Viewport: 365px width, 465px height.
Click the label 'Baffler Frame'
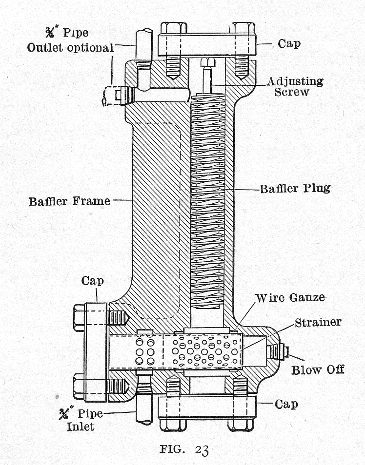pyautogui.click(x=69, y=200)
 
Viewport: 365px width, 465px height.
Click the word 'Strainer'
pyautogui.click(x=317, y=323)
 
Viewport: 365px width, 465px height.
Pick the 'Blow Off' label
pyautogui.click(x=318, y=369)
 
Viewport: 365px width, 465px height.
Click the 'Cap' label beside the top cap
pyautogui.click(x=289, y=43)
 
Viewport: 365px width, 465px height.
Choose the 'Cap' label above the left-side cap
pyautogui.click(x=93, y=281)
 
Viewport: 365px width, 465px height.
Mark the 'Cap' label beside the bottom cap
pyautogui.click(x=286, y=404)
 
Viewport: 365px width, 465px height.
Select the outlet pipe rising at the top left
pyautogui.click(x=143, y=44)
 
